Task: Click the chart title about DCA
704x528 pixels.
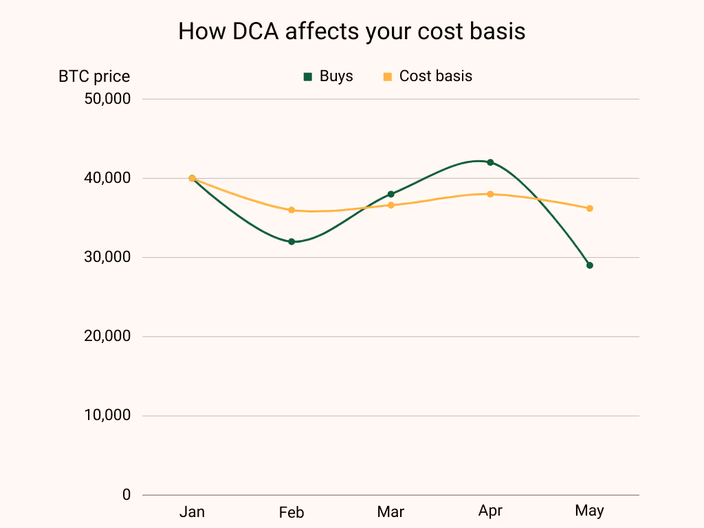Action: point(351,32)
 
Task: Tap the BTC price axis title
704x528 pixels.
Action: point(94,77)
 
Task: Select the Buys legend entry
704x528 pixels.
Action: point(329,76)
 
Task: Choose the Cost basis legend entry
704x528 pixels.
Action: point(428,76)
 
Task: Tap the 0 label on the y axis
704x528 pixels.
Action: point(126,495)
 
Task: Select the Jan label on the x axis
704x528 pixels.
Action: point(192,511)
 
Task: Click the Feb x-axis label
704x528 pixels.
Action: point(291,513)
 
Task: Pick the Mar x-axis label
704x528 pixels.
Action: point(390,512)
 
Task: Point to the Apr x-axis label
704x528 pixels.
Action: point(490,511)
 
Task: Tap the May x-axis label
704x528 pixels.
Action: point(589,511)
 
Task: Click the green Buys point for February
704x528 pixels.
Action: point(291,242)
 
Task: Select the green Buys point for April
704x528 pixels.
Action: point(490,162)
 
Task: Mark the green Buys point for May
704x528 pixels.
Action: point(590,265)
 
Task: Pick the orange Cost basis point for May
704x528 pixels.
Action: point(590,208)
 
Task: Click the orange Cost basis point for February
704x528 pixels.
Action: point(291,210)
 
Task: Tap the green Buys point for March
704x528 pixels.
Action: point(391,194)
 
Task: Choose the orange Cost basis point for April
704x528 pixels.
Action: point(490,194)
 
